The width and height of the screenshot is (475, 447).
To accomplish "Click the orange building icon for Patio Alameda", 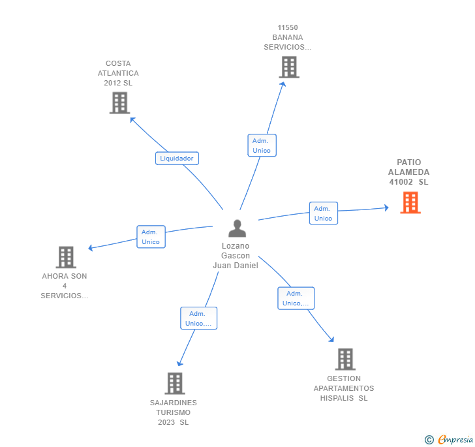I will [410, 203].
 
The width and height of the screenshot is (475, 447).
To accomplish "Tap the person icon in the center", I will [237, 228].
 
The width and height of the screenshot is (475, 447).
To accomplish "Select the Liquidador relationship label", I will [177, 158].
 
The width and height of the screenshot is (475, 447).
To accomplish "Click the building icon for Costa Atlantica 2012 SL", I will [119, 103].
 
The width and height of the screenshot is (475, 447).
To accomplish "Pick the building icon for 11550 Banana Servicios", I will [288, 67].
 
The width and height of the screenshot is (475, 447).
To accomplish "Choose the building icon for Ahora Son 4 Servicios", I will [66, 257].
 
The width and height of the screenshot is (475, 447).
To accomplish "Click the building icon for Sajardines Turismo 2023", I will [174, 383].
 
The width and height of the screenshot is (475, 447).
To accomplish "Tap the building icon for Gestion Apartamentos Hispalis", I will [345, 359].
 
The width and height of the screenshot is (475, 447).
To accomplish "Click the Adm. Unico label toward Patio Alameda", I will [323, 213].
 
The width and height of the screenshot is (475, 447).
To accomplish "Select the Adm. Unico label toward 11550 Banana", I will [262, 146].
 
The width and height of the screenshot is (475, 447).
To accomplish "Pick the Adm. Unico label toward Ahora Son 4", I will [151, 237].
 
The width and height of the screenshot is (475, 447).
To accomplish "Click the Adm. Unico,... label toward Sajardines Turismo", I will [198, 318].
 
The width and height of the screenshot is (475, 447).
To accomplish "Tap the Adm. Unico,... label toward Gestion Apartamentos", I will [296, 298].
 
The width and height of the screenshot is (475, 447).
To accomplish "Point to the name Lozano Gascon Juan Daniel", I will [236, 256].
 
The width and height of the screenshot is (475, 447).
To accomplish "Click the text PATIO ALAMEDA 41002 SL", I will [409, 172].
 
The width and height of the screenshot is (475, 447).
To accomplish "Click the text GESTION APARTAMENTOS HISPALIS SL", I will [344, 388].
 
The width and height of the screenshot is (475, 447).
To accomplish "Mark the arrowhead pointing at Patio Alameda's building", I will [386, 208].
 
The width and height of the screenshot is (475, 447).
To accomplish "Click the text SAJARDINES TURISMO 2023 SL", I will [173, 412].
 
